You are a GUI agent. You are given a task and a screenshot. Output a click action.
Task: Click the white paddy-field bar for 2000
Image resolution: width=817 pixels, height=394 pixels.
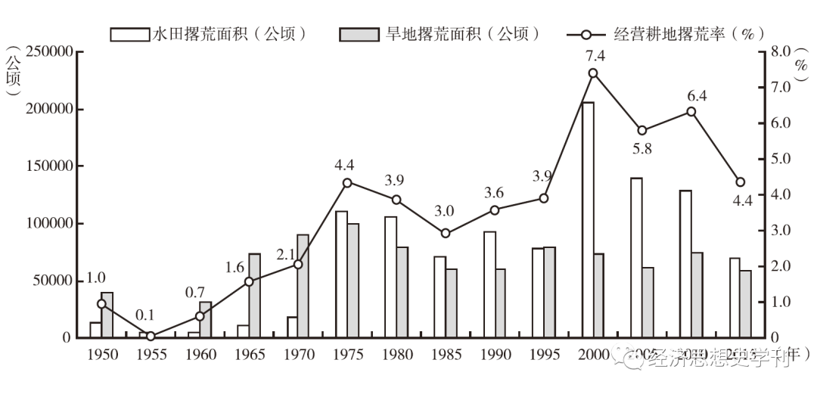(x=588, y=219)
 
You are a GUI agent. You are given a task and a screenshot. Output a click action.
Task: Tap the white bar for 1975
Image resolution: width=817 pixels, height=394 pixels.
(x=341, y=274)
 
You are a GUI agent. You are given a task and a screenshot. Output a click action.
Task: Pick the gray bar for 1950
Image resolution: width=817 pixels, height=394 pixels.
(x=107, y=315)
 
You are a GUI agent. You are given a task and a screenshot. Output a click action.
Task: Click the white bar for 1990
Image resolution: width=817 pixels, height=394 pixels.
(x=489, y=284)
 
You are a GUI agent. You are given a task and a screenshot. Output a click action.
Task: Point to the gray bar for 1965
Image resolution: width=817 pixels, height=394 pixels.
(x=254, y=295)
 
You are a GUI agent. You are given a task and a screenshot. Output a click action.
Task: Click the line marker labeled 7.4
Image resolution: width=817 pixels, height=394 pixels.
(x=593, y=73)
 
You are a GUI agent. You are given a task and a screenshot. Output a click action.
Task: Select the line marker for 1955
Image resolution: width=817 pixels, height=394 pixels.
(x=151, y=337)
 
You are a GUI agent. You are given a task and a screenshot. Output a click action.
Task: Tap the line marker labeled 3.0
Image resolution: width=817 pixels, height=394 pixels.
(x=446, y=234)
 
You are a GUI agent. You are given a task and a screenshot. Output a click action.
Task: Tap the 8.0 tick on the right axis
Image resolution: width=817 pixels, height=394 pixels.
(x=779, y=52)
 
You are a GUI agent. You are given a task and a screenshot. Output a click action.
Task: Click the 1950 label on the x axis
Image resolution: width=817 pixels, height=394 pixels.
(x=102, y=355)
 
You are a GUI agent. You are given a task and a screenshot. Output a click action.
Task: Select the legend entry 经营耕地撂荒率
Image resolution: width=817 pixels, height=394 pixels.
(x=666, y=34)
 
